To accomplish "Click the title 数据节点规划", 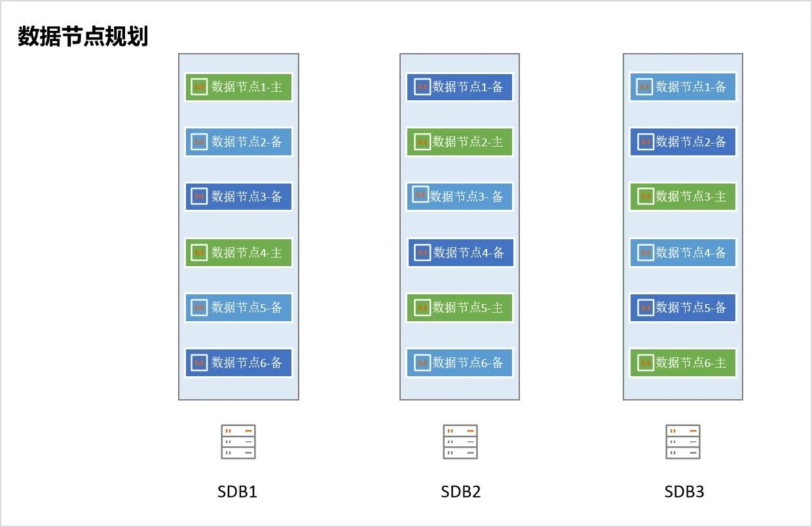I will pyautogui.click(x=83, y=37).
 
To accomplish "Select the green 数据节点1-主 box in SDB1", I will pyautogui.click(x=238, y=87).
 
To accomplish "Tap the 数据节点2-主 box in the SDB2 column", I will pyautogui.click(x=460, y=142).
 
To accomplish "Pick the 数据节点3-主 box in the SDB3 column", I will pyautogui.click(x=683, y=196).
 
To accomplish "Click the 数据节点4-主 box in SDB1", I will pyautogui.click(x=238, y=252).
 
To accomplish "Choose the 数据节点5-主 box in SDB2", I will pyautogui.click(x=460, y=307).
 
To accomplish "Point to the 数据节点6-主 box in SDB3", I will pyautogui.click(x=683, y=362).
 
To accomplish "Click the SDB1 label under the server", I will pyautogui.click(x=237, y=492).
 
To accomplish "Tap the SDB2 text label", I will pyautogui.click(x=460, y=492).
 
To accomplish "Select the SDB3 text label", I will pyautogui.click(x=684, y=492).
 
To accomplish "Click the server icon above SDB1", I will pyautogui.click(x=238, y=442).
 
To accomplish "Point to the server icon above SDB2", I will pyautogui.click(x=460, y=442).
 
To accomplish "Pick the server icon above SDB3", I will pyautogui.click(x=683, y=442).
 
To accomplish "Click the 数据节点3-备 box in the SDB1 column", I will pyautogui.click(x=238, y=196).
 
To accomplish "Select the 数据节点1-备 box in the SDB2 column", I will pyautogui.click(x=460, y=87).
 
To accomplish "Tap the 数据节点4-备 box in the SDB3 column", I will pyautogui.click(x=683, y=252).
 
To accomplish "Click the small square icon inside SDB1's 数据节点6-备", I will pyautogui.click(x=199, y=362).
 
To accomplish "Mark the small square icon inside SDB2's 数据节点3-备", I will pyautogui.click(x=420, y=194).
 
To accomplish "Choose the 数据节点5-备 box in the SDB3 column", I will pyautogui.click(x=683, y=307).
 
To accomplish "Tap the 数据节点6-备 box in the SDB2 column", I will pyautogui.click(x=460, y=362).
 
